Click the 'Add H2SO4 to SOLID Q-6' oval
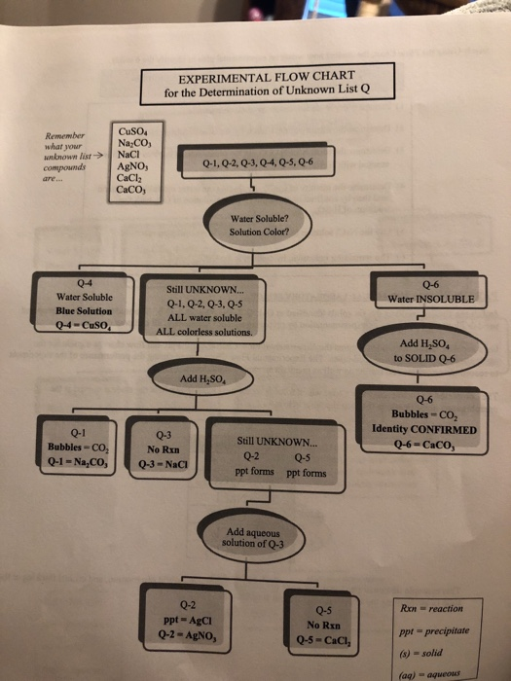click(419, 350)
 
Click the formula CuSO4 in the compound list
click(130, 133)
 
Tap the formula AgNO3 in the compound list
click(130, 166)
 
